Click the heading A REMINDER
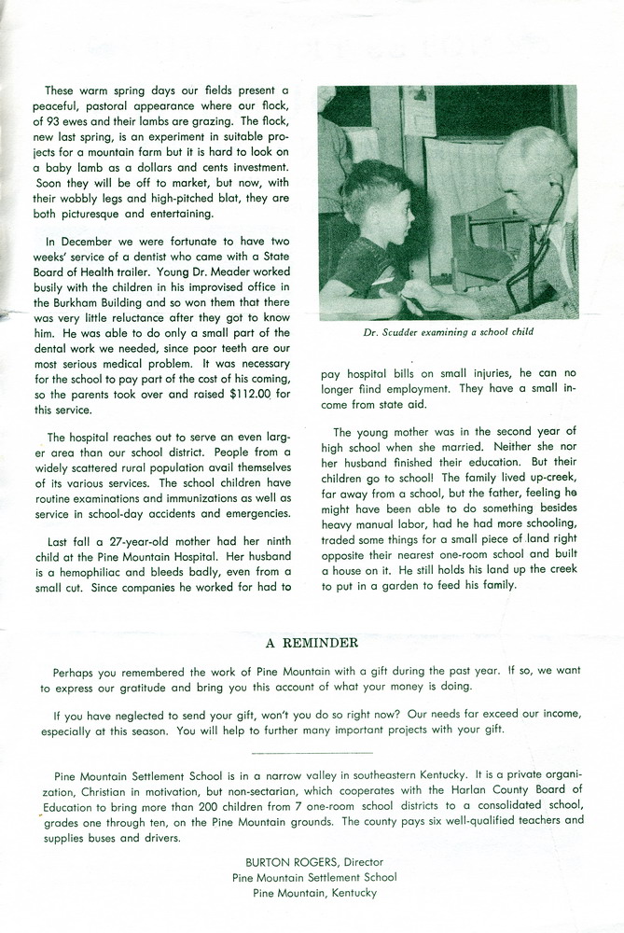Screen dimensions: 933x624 [312, 642]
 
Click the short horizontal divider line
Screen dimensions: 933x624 [312, 751]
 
